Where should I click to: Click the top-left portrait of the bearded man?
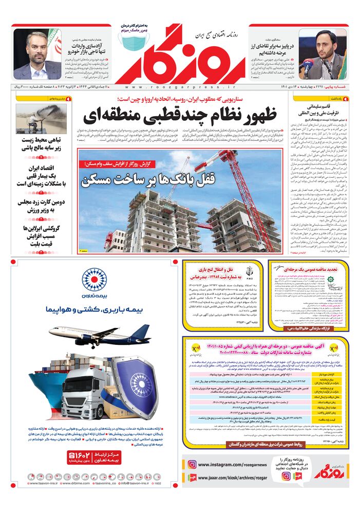click(x=37, y=54)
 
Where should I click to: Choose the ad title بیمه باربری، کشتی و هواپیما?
click(x=94, y=310)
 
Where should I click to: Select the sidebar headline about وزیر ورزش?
click(x=36, y=206)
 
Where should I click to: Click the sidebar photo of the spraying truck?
click(x=34, y=119)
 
